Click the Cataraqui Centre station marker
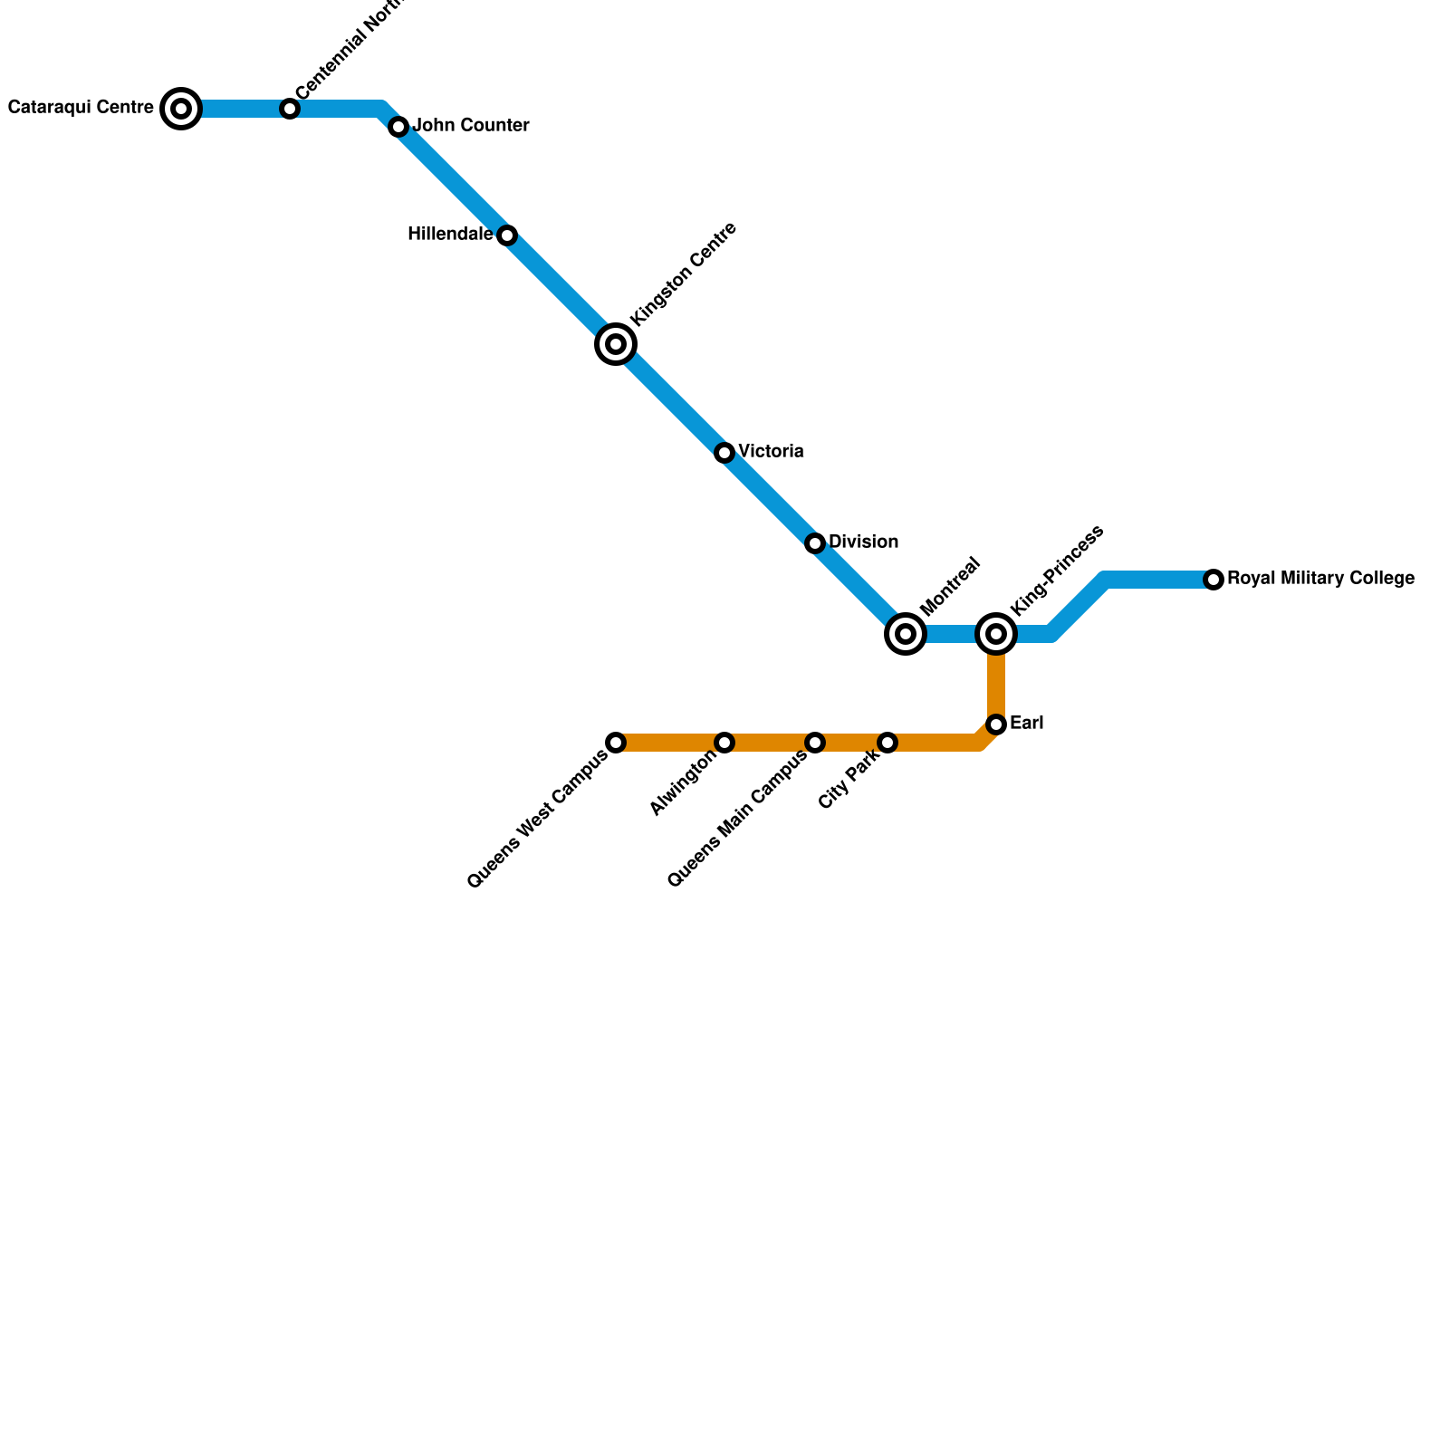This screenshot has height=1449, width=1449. point(181,110)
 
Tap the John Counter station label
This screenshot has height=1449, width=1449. point(471,126)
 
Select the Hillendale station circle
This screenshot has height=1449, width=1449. point(507,236)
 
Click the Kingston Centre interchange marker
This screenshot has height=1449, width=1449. point(616,344)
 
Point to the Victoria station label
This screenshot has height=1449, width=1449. point(771,452)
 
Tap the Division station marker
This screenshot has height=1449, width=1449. point(815,543)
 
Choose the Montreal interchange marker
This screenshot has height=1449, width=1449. point(906,634)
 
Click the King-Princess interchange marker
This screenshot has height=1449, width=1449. point(996,634)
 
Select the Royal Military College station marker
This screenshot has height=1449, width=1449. point(1214,580)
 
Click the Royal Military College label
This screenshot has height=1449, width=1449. point(1320,579)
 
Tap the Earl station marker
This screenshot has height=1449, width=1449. point(996,724)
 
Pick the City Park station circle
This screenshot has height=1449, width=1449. point(888,743)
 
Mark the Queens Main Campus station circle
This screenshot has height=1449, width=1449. point(815,743)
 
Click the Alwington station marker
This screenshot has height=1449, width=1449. point(724,743)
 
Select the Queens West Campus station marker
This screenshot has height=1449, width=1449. point(616,743)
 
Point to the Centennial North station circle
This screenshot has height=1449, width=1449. point(290,110)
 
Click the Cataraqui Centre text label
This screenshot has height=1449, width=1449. point(81,108)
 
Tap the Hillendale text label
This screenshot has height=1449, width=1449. point(450,235)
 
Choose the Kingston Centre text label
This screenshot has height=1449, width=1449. point(684,273)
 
